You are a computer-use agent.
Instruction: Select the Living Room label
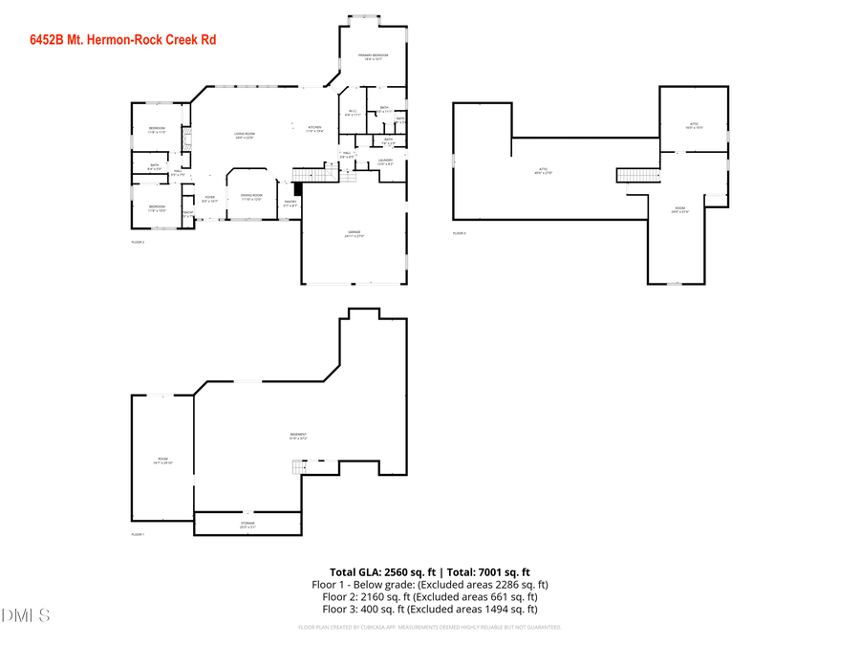pos(245,136)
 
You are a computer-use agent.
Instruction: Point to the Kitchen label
pos(315,129)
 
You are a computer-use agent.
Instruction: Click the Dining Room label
pos(251,197)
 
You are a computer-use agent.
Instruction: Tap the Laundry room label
pos(385,161)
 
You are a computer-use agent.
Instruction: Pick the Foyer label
pos(209,199)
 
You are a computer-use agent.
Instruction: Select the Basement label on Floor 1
pos(298,437)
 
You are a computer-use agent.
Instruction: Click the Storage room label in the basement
pos(247,525)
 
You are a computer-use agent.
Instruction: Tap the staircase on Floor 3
pos(637,174)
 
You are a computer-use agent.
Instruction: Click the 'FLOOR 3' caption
pos(460,233)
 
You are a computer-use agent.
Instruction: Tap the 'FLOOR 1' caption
pos(138,534)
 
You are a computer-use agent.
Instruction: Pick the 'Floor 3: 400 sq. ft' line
pos(429,609)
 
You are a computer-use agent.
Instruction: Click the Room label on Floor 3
pos(680,209)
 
